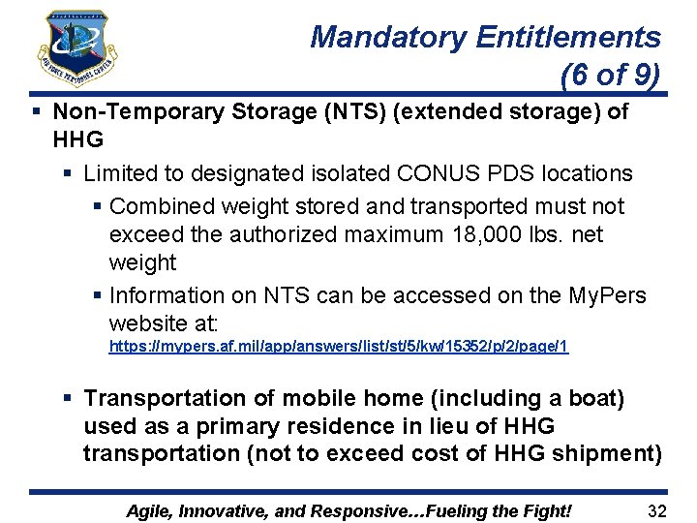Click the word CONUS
point(444,173)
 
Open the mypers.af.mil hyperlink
point(339,346)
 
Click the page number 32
point(657,510)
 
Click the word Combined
point(163,206)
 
